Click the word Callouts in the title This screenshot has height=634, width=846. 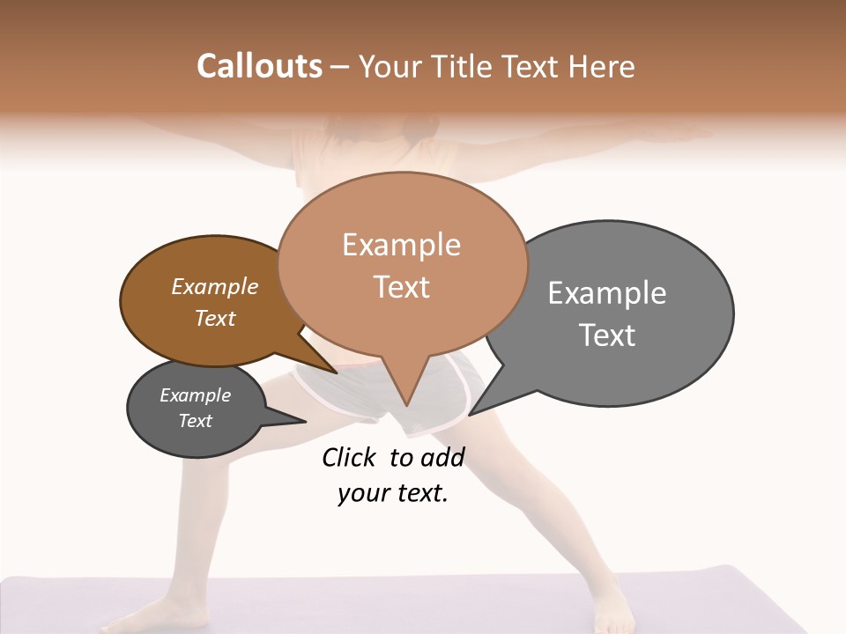point(259,66)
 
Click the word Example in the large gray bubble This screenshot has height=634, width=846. point(606,293)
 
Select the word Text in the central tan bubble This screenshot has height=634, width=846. point(402,287)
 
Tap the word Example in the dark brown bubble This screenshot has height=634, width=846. point(214,286)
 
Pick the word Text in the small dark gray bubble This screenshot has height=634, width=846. point(196,421)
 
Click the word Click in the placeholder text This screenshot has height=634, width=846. point(349,457)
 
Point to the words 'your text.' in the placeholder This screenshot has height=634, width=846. point(392,493)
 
